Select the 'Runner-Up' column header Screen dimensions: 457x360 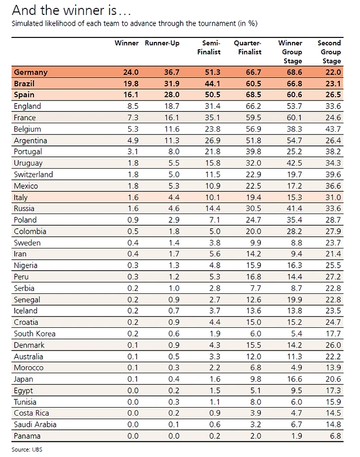162,43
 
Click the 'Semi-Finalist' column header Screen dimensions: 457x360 212,47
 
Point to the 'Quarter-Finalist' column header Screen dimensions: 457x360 248,47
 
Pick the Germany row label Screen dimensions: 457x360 31,72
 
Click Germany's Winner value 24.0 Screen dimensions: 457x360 131,72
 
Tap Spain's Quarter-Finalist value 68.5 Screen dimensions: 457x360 253,95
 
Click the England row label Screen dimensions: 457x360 27,106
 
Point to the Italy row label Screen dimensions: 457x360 22,197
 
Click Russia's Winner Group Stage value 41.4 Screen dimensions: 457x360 294,209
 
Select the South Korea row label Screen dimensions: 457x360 35,334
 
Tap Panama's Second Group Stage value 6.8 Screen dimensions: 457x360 335,436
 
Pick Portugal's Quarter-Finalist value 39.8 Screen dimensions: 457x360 253,152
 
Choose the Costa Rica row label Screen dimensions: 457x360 32,414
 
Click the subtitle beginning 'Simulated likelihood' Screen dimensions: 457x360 134,23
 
